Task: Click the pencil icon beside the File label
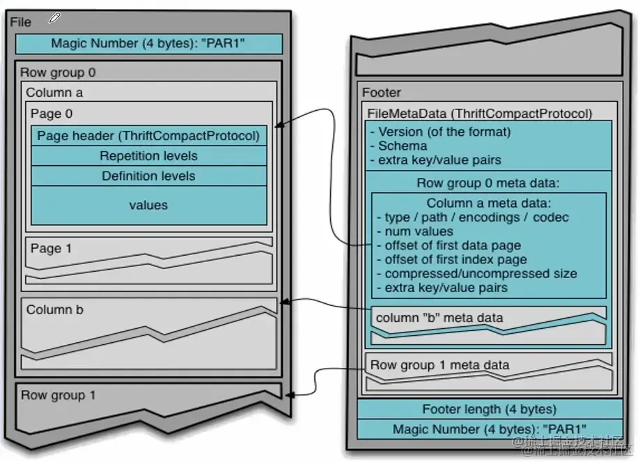[54, 19]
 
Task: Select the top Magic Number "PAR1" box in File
[148, 44]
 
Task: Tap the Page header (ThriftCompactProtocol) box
[148, 136]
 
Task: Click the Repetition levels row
[148, 156]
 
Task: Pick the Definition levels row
[148, 176]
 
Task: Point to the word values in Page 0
[148, 205]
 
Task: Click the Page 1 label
[51, 248]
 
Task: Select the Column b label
[54, 309]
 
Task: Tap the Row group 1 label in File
[58, 395]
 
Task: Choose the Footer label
[382, 93]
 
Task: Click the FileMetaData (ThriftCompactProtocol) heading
[480, 114]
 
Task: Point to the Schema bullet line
[404, 146]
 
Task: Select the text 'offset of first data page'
[452, 245]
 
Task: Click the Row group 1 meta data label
[439, 364]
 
